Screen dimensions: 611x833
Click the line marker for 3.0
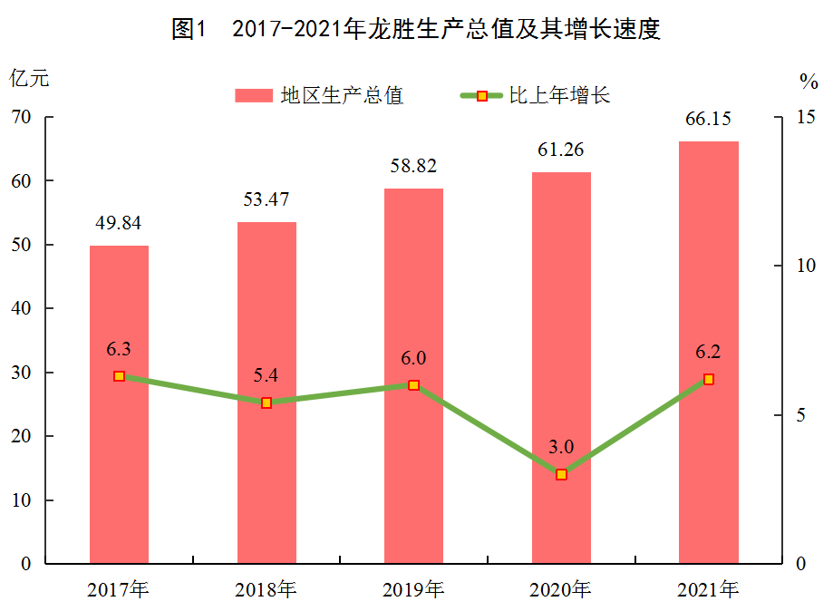click(x=561, y=474)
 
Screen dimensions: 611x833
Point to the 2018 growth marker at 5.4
click(x=266, y=402)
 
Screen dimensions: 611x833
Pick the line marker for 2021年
click(x=708, y=379)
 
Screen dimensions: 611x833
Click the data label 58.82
click(x=413, y=166)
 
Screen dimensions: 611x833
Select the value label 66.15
click(x=708, y=119)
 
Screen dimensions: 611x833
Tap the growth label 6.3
click(x=119, y=349)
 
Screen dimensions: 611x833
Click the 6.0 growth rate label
click(x=413, y=358)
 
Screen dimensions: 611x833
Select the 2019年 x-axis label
click(x=413, y=590)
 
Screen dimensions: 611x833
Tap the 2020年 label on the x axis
click(x=561, y=590)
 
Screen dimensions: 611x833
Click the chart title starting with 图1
click(x=415, y=29)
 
